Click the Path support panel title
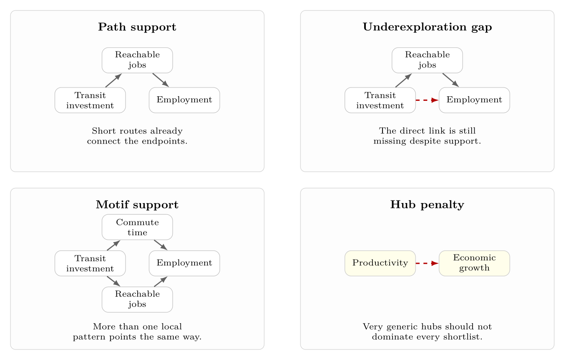pos(137,27)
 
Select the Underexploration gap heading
pos(427,27)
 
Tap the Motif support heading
pos(137,205)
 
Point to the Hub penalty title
pos(427,205)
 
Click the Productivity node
pos(380,263)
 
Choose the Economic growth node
pos(474,263)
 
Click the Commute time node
pos(137,227)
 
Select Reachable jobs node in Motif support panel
pos(137,299)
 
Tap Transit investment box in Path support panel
pos(90,100)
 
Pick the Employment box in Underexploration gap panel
pos(474,100)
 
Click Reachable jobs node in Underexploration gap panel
pos(427,60)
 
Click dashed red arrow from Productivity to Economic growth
pos(427,263)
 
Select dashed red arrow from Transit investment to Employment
pos(427,100)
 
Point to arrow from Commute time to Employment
pos(161,245)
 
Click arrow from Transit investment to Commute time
pos(113,245)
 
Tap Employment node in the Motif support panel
pos(184,263)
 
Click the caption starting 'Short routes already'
pos(137,136)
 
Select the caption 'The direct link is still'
pos(427,136)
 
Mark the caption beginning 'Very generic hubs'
pos(427,332)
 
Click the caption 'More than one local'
pos(137,332)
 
